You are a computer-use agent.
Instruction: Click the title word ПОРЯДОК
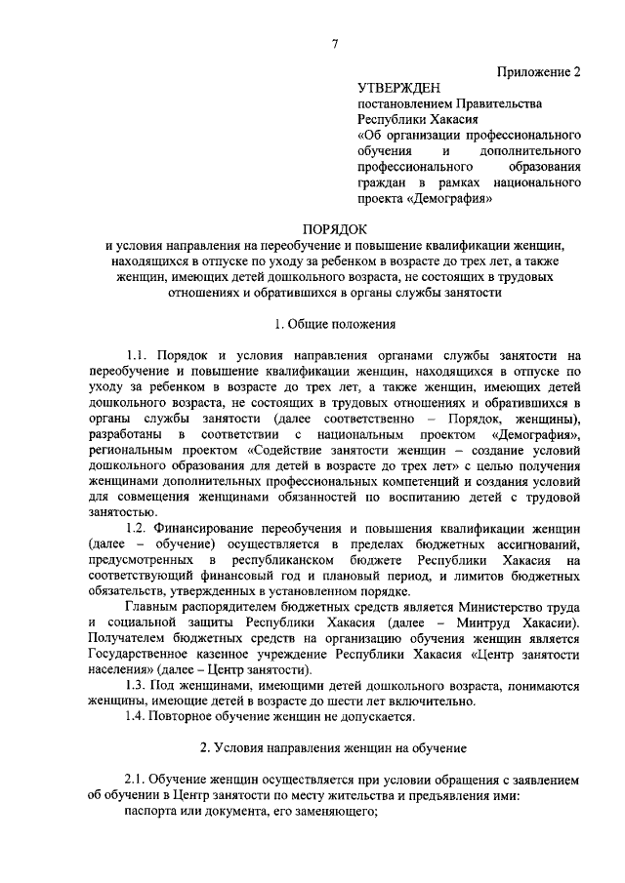(333, 228)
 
